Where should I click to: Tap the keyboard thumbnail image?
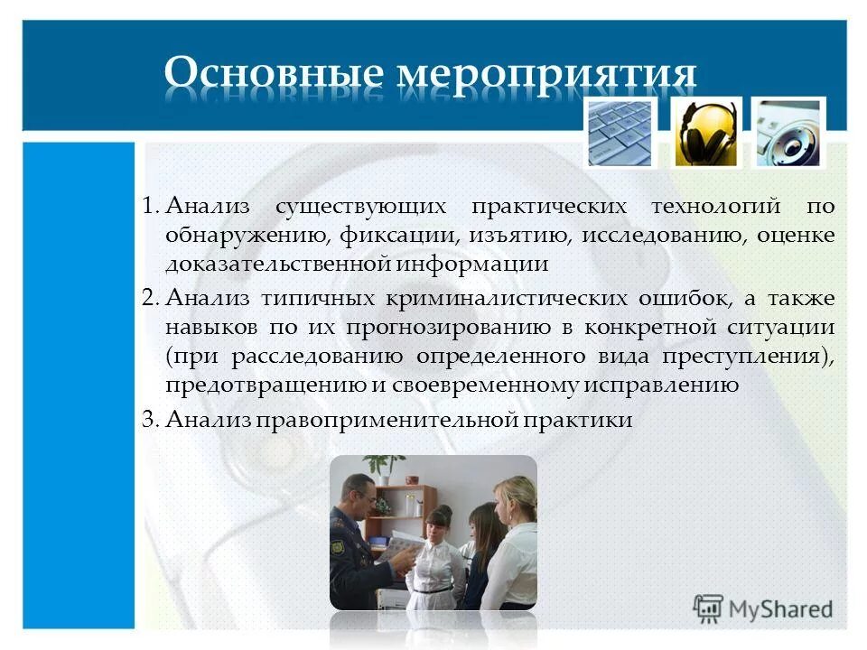pyautogui.click(x=619, y=132)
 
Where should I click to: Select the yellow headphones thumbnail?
pyautogui.click(x=705, y=132)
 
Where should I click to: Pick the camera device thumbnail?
pyautogui.click(x=788, y=132)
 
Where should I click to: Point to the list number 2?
pyautogui.click(x=150, y=298)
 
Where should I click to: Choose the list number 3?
pyautogui.click(x=150, y=419)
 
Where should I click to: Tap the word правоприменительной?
pyautogui.click(x=377, y=419)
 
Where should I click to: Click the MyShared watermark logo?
pyautogui.click(x=763, y=607)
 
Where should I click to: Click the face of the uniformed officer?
pyautogui.click(x=359, y=496)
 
